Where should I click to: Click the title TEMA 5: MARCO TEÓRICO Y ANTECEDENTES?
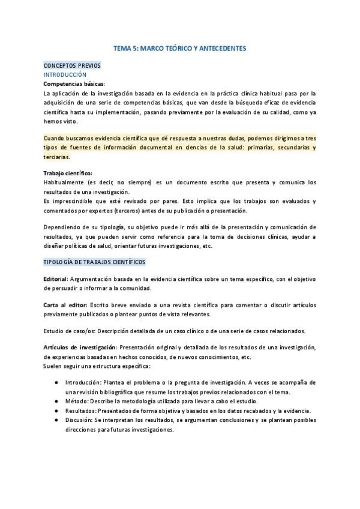pyautogui.click(x=179, y=47)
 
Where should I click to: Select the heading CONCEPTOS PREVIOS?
pyautogui.click(x=72, y=65)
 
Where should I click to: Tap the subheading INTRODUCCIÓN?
pyautogui.click(x=64, y=74)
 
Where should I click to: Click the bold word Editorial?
pyautogui.click(x=56, y=280)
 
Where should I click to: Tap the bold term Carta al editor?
pyautogui.click(x=65, y=306)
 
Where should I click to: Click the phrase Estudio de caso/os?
pyautogui.click(x=69, y=331)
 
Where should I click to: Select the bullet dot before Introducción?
pyautogui.click(x=56, y=382)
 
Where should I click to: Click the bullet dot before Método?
pyautogui.click(x=56, y=401)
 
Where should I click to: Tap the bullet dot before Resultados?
pyautogui.click(x=56, y=411)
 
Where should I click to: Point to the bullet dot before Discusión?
pyautogui.click(x=56, y=420)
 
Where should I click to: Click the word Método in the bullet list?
pyautogui.click(x=76, y=401)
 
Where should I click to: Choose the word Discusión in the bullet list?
pyautogui.click(x=79, y=420)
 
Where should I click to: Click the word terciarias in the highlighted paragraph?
pyautogui.click(x=56, y=157)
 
